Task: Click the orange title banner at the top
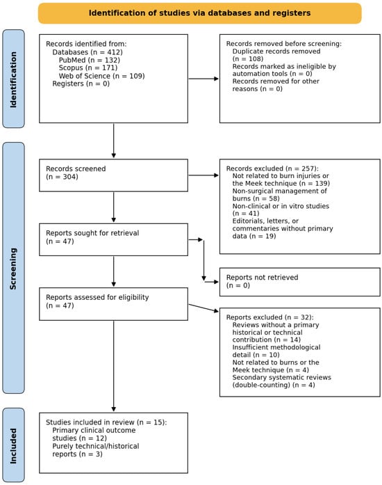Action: [200, 13]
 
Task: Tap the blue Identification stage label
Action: [13, 79]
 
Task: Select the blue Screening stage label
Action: [13, 268]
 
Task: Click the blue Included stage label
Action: [13, 445]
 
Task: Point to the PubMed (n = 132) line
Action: [89, 60]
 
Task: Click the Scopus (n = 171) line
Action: [88, 67]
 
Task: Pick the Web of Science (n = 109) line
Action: [101, 76]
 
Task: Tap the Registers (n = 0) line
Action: [81, 84]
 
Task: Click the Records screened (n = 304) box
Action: [113, 175]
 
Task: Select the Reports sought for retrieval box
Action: [113, 239]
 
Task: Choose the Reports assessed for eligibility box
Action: [113, 304]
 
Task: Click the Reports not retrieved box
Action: [300, 282]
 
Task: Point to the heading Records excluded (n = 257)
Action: [272, 168]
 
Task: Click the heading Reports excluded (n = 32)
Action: [270, 317]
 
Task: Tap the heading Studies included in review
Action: [106, 422]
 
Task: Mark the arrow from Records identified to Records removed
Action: [204, 79]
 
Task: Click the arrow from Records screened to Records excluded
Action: [204, 175]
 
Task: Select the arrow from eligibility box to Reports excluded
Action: [204, 308]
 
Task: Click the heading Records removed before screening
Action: [284, 44]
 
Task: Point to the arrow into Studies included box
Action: [114, 366]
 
